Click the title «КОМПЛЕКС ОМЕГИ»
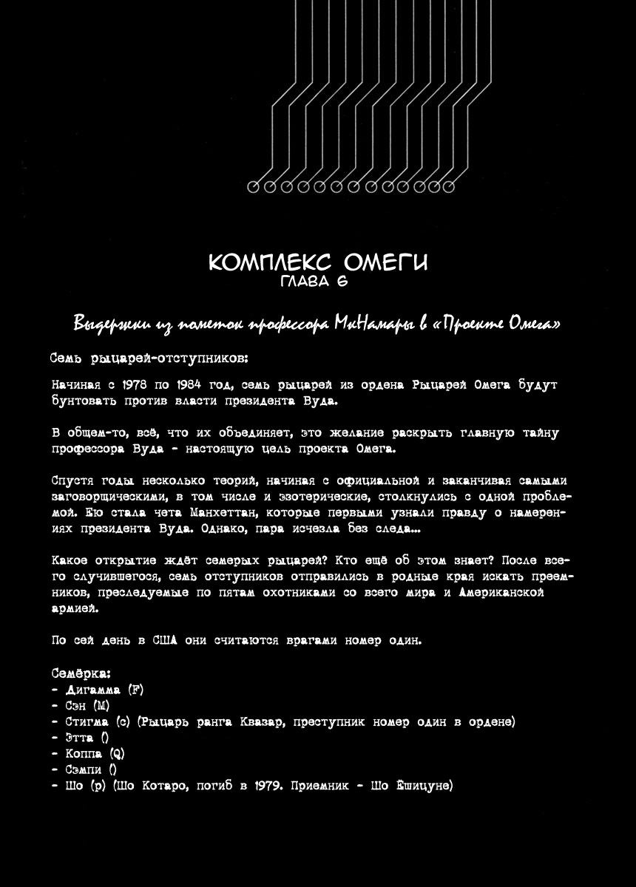click(x=318, y=262)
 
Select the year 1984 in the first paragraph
click(x=194, y=385)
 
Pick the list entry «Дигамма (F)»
click(x=98, y=690)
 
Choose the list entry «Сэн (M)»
click(x=81, y=706)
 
